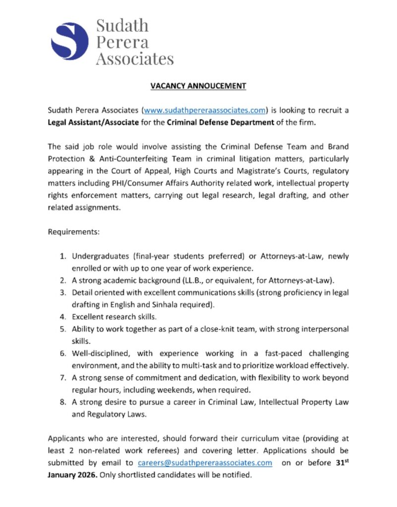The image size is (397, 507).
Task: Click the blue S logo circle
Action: (x=69, y=42)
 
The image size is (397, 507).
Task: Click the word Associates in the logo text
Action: (x=134, y=58)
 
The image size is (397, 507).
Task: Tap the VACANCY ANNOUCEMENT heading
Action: (x=198, y=86)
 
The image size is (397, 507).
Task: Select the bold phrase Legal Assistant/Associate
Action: (x=93, y=122)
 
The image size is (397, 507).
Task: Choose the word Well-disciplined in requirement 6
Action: (x=101, y=354)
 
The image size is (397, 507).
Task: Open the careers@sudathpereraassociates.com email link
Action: (x=205, y=463)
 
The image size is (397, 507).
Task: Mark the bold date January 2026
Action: (x=73, y=475)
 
